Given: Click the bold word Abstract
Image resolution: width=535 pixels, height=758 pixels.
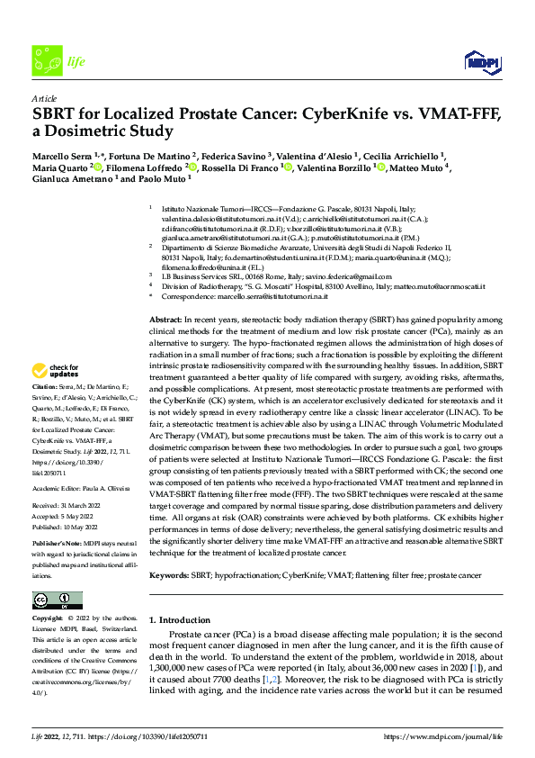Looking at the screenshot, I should pos(165,294).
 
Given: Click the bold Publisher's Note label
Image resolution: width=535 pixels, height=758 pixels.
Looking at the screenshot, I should pos(55,545).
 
